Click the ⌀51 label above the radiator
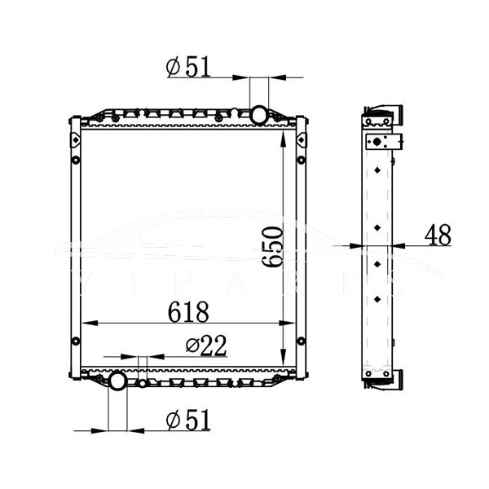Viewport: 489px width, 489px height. pos(188,67)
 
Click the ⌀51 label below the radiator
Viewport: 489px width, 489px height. pos(188,421)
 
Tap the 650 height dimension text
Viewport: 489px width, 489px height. pos(273,247)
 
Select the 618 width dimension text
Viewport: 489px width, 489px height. pos(188,311)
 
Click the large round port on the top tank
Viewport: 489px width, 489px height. pos(259,113)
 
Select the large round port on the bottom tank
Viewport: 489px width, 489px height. pos(117,381)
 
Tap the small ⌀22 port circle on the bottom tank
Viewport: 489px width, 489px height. pos(143,383)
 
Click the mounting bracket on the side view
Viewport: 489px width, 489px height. pos(382,143)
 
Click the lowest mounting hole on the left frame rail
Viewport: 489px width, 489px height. pos(75,341)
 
